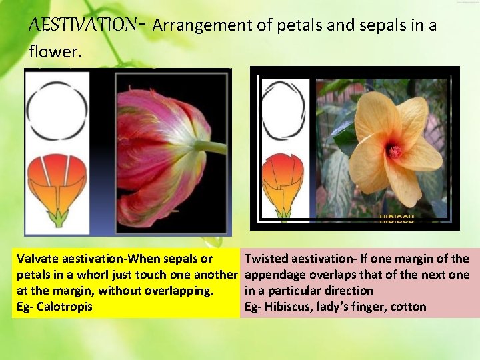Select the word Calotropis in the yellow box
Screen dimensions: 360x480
click(65, 307)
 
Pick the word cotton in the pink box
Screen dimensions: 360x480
click(408, 307)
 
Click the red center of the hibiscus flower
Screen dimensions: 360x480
click(395, 151)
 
